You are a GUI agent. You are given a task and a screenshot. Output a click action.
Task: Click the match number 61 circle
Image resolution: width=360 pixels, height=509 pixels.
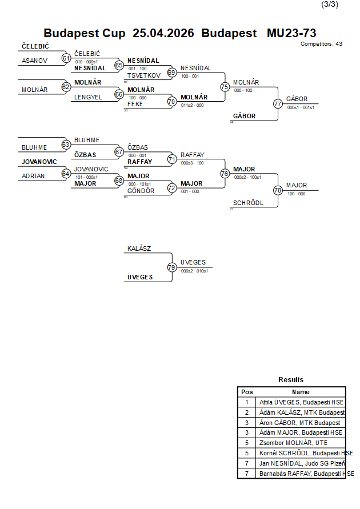pyautogui.click(x=66, y=58)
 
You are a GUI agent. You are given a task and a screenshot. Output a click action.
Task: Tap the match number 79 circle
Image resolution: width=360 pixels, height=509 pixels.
pyautogui.click(x=171, y=267)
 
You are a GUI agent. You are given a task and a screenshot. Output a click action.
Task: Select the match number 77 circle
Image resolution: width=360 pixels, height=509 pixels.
pyautogui.click(x=278, y=104)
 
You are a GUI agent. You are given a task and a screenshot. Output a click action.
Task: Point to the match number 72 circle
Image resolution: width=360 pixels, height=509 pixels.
pyautogui.click(x=171, y=187)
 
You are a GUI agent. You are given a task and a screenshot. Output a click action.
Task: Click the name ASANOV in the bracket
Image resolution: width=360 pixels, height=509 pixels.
pyautogui.click(x=34, y=60)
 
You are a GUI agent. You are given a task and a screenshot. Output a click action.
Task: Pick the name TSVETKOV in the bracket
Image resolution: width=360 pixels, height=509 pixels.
pyautogui.click(x=143, y=75)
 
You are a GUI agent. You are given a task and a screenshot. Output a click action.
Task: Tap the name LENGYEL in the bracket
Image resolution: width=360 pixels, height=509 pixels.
pyautogui.click(x=89, y=97)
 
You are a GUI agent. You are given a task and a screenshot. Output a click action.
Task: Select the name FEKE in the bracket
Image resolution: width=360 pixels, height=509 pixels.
pyautogui.click(x=135, y=104)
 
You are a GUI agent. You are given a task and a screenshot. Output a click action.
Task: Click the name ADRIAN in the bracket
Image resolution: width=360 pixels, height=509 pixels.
pyautogui.click(x=33, y=176)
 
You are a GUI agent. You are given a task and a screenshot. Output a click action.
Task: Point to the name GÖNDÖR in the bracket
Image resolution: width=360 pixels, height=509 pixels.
pyautogui.click(x=141, y=191)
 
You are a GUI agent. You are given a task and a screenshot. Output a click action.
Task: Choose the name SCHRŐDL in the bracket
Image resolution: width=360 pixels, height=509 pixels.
pyautogui.click(x=249, y=203)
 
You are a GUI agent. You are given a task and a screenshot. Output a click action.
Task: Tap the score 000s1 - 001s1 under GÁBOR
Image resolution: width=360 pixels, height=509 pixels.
pyautogui.click(x=301, y=107)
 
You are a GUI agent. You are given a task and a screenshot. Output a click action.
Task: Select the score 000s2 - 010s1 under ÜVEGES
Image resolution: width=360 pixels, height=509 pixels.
pyautogui.click(x=194, y=271)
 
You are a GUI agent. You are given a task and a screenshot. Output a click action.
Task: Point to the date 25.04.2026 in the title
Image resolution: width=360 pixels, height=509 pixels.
pyautogui.click(x=163, y=33)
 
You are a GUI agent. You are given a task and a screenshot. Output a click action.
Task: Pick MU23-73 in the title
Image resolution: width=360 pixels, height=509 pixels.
pyautogui.click(x=291, y=33)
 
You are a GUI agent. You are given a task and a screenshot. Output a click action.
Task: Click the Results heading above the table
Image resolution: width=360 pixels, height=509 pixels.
pyautogui.click(x=291, y=380)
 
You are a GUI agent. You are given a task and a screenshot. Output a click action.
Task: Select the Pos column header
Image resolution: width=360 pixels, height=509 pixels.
pyautogui.click(x=247, y=392)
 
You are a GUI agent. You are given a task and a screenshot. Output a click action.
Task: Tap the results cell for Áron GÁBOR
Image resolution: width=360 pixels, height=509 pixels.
pyautogui.click(x=299, y=423)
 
